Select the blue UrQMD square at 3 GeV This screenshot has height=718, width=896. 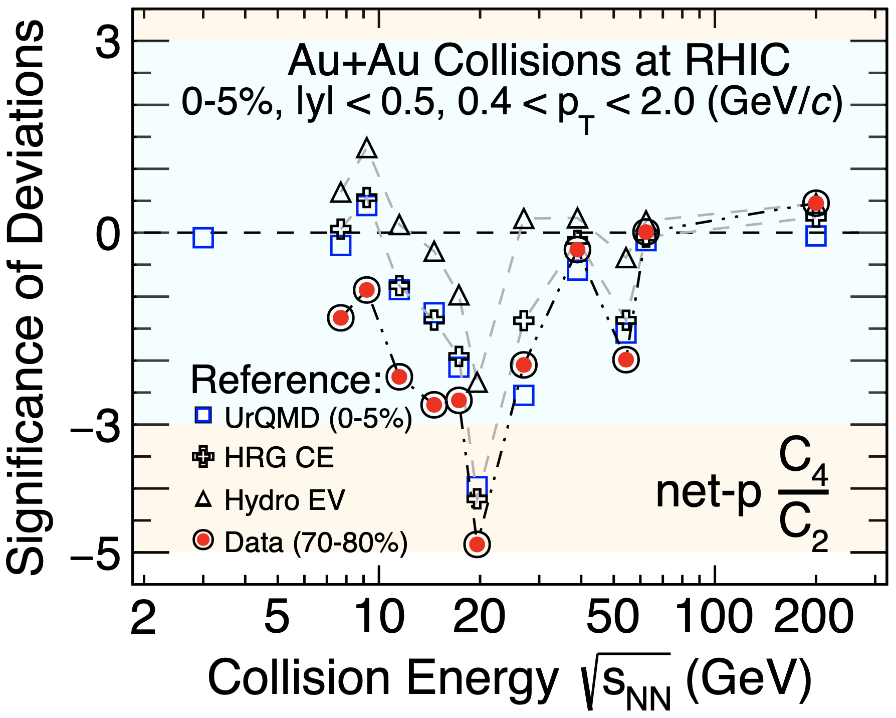coord(203,238)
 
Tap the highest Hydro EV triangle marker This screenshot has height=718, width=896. coord(367,148)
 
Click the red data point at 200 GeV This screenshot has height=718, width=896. coord(816,203)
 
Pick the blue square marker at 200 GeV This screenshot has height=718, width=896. coord(816,236)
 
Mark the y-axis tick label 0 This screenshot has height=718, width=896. coord(108,234)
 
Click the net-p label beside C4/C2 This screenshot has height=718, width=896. coord(708,492)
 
